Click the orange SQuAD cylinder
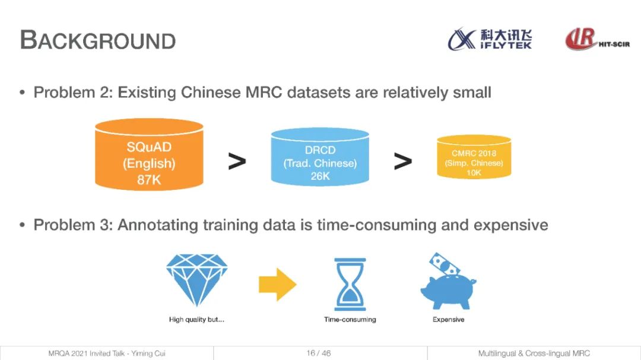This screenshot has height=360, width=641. coord(149,154)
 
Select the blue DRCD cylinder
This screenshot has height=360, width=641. coord(320,157)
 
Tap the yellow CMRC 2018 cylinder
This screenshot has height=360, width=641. coord(474,157)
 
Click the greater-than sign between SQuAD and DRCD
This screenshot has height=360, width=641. coord(237,161)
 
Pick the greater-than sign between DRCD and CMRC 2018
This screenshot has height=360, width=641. coord(402,161)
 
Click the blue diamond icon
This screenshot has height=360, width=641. coord(196,280)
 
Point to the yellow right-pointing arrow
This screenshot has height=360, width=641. coord(278,285)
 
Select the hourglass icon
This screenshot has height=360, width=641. coord(350,285)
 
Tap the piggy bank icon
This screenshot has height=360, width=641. coord(449,291)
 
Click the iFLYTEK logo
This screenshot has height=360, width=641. coord(490,39)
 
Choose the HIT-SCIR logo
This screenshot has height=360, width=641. coord(597,39)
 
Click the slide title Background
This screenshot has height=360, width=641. coord(98,40)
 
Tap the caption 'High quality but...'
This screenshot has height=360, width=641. coord(196,320)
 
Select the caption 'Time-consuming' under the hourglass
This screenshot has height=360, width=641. coord(350,320)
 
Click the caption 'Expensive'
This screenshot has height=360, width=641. coord(449,320)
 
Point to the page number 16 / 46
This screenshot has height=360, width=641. coord(319,353)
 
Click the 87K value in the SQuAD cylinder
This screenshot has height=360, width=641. coord(149,180)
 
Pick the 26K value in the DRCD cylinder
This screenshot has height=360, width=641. coord(320,176)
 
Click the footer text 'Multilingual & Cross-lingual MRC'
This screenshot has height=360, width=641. coord(534,353)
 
